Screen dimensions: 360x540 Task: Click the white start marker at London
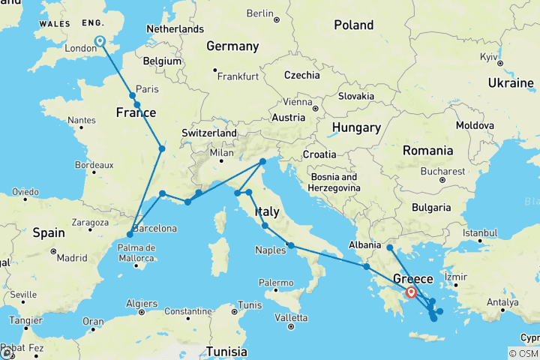click(99, 42)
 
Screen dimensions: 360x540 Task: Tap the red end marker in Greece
click(411, 292)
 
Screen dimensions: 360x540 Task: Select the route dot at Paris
click(133, 95)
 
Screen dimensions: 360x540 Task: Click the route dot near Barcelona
click(130, 235)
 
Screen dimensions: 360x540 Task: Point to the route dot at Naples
click(291, 245)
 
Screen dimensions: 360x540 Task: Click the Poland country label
click(353, 25)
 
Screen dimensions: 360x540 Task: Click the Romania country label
click(427, 150)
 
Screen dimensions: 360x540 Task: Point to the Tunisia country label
click(226, 351)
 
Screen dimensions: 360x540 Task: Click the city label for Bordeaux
click(94, 165)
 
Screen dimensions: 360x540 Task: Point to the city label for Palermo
click(275, 283)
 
